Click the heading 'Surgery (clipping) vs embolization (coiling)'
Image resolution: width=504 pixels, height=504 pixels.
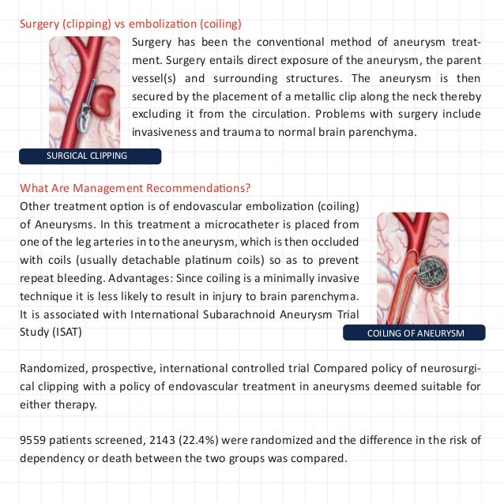pos(131,23)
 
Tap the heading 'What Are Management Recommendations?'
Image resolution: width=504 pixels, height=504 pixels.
pos(135,188)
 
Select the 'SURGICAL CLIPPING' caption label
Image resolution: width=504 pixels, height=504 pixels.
pos(87,156)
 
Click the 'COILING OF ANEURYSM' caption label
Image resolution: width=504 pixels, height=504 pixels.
pos(416,333)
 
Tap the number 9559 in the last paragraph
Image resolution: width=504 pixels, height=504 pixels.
pos(36,441)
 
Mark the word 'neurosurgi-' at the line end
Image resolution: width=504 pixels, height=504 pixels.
pos(449,368)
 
